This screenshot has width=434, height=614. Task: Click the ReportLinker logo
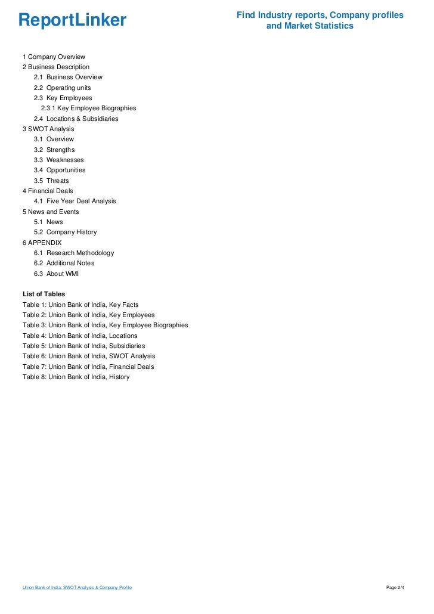click(x=72, y=21)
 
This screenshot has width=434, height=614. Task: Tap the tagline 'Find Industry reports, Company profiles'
click(x=320, y=15)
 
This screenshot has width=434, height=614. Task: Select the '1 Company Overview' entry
click(x=54, y=57)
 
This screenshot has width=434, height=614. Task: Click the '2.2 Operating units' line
click(x=62, y=88)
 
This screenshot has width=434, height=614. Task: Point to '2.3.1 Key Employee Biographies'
click(x=88, y=108)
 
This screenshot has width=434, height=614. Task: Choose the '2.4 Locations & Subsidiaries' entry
click(x=76, y=119)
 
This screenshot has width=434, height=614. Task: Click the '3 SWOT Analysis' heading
click(x=48, y=129)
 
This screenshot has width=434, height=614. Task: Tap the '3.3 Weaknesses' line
click(x=58, y=160)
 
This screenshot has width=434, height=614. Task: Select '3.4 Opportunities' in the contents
click(x=60, y=170)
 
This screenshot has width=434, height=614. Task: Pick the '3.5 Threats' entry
click(x=51, y=181)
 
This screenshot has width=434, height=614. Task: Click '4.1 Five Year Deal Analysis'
click(x=75, y=201)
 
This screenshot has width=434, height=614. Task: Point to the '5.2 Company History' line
click(x=65, y=232)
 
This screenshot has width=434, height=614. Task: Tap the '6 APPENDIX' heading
click(x=42, y=243)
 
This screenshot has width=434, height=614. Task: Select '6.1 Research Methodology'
click(x=74, y=253)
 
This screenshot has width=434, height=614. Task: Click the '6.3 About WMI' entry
click(x=56, y=274)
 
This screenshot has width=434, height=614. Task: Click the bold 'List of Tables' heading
click(x=44, y=294)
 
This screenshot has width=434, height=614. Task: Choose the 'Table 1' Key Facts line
click(x=80, y=305)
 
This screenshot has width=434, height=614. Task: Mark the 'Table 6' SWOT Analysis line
click(x=89, y=356)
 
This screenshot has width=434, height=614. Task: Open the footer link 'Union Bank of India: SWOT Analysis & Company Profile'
click(x=77, y=588)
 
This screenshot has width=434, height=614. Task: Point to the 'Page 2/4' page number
click(x=395, y=588)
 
